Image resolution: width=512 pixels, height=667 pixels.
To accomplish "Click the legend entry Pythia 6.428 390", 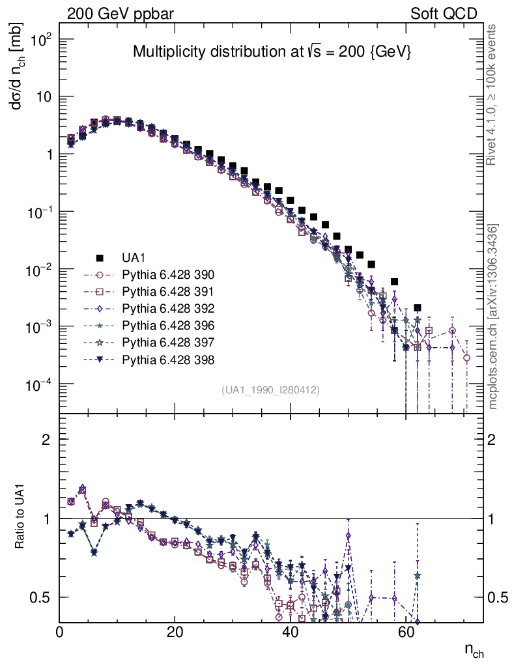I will click(x=168, y=274).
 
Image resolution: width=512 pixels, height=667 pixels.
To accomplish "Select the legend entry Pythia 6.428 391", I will click(x=168, y=291).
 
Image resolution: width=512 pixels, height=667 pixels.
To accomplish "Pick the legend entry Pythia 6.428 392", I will click(x=168, y=308).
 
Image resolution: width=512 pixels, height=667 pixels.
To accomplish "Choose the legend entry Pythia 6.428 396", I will click(x=168, y=325).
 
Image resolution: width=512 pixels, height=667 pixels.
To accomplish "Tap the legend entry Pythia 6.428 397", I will click(x=168, y=342).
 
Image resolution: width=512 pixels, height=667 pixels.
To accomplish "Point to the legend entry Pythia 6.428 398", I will click(x=168, y=359).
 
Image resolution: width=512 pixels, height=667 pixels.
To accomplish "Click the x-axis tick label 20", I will click(x=175, y=632).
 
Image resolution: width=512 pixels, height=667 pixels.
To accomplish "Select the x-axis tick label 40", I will click(x=290, y=632).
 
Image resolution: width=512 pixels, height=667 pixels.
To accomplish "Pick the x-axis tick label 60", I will click(x=405, y=632).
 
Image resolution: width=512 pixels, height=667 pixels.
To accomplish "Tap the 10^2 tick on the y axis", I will click(x=40, y=39).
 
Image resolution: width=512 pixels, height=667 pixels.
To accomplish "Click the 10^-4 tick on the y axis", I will click(x=38, y=384).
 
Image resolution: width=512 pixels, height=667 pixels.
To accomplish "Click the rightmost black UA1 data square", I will click(x=418, y=307).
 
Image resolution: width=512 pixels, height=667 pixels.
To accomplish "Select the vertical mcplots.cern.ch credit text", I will click(x=493, y=317).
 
